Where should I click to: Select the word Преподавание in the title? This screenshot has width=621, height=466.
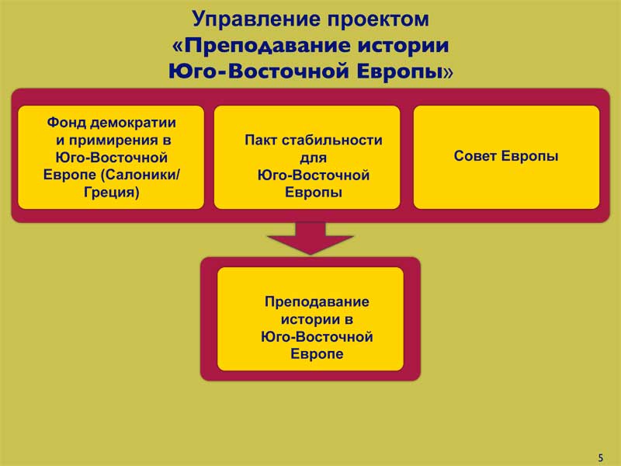267,46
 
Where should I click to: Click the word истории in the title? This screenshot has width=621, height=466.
403,45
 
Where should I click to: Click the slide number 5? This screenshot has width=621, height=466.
600,457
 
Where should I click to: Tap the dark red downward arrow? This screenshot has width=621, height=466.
310,238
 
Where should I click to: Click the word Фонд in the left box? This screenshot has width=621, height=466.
66,123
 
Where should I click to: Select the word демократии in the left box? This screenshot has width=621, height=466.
133,123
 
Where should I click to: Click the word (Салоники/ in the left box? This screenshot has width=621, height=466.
142,175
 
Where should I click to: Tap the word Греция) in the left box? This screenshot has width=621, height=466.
111,193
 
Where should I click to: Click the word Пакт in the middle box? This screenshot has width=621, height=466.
260,140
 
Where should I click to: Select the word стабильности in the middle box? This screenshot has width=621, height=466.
331,140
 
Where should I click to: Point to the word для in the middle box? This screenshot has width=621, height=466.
313,158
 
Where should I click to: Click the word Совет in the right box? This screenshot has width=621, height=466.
475,156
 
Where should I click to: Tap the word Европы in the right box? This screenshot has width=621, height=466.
530,157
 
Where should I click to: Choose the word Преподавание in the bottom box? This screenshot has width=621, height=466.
317,302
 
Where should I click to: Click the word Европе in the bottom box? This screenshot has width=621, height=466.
317,354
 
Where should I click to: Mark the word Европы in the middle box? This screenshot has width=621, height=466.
314,193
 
